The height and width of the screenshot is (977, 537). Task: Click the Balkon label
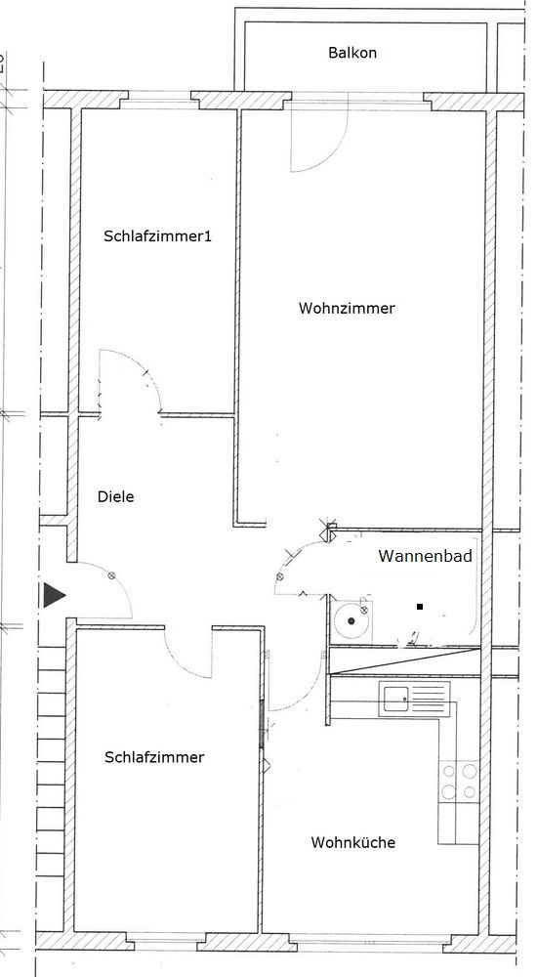(351, 53)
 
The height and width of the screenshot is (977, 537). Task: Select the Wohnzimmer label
(347, 308)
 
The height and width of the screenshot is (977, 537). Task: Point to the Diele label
(116, 496)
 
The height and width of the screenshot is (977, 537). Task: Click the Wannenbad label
(425, 556)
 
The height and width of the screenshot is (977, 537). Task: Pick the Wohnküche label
(353, 842)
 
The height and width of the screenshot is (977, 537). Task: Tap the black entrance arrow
(55, 596)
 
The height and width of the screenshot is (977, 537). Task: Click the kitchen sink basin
(396, 698)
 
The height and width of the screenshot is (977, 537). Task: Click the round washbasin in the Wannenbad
(351, 620)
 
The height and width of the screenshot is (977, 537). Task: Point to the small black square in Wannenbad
(421, 606)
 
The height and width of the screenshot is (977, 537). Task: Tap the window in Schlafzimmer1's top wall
(159, 96)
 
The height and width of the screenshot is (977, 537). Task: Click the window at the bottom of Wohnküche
(366, 938)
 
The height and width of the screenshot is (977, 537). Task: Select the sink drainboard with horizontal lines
(429, 697)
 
